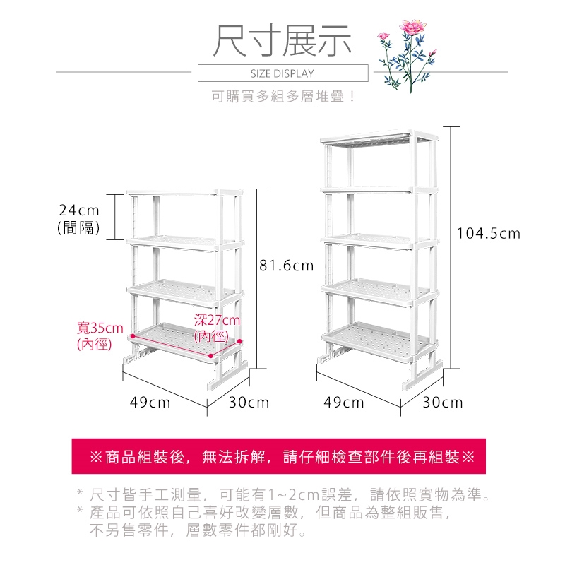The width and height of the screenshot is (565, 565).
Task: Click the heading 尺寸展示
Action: pos(282,40)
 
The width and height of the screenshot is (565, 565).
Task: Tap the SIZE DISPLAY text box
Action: pos(283,73)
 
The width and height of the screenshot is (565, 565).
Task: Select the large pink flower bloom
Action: pos(412,27)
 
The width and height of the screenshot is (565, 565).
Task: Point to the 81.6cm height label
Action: pos(287,266)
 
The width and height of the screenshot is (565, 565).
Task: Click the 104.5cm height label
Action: pos(489,234)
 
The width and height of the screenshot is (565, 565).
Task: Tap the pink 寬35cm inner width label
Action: pos(100,336)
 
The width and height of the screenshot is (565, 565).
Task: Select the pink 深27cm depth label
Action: pos(217,328)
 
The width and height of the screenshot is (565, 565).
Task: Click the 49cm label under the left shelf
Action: pos(150,403)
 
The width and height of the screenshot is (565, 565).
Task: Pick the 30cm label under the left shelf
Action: pos(249,403)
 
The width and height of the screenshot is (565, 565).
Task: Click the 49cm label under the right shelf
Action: pos(344,403)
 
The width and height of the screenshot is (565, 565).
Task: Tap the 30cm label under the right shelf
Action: pos(443,403)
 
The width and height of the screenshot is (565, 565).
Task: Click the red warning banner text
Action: pos(282,457)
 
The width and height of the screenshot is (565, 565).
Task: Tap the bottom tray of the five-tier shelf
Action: pos(379,341)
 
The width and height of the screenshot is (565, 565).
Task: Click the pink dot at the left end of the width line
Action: pos(133,336)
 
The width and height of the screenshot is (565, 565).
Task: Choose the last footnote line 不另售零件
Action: pos(198,530)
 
